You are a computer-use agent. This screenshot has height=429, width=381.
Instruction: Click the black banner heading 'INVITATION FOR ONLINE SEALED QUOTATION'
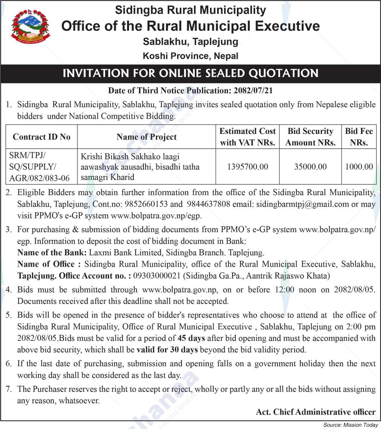point(190,73)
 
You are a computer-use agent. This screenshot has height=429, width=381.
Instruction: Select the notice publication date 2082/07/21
point(252,91)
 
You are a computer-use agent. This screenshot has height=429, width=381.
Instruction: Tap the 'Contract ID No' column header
point(41,137)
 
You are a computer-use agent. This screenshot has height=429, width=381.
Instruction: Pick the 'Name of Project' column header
point(146,137)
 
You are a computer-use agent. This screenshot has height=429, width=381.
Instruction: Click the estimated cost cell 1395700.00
point(247,167)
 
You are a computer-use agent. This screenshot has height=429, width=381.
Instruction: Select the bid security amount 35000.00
point(310,167)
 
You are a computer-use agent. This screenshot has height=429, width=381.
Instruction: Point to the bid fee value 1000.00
point(359,167)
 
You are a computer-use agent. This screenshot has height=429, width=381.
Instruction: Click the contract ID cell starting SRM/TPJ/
point(39,167)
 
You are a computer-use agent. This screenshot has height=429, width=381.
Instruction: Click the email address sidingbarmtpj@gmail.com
point(302,204)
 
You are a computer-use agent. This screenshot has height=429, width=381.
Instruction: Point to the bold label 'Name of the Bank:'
point(52,252)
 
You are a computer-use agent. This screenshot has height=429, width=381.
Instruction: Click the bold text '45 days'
point(191,338)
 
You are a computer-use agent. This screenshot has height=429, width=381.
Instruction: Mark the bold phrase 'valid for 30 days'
point(167,350)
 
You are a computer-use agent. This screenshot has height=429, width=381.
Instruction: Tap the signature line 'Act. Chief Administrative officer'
point(316,412)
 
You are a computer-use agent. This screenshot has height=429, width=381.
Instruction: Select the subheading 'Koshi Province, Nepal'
point(190,56)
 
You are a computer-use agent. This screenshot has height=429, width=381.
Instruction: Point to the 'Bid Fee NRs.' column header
point(359,137)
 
